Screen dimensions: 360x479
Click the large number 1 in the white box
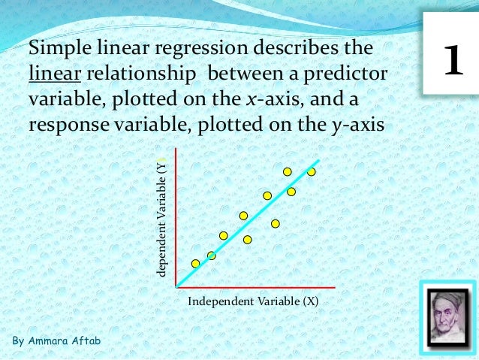452,62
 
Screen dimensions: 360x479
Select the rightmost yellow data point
311,172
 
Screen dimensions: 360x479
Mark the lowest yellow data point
196,264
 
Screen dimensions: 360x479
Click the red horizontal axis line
255,287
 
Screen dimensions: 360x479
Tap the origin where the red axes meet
175,287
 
